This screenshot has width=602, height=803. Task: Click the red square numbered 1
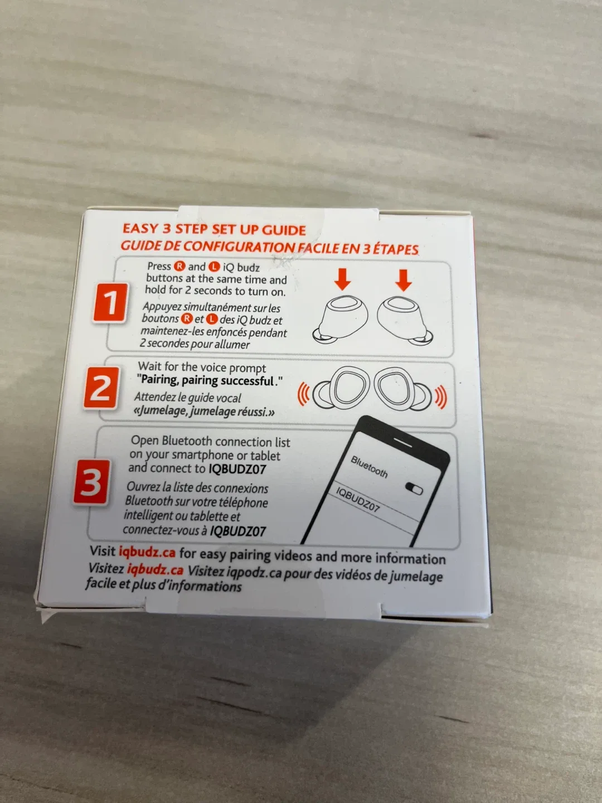point(110,302)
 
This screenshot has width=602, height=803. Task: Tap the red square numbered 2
point(101,388)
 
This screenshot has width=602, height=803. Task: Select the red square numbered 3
point(91,482)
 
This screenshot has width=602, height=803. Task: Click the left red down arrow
point(342,279)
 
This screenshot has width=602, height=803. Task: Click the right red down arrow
point(404,280)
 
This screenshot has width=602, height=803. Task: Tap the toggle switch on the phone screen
point(414,488)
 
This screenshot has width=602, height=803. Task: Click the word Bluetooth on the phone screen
point(369,467)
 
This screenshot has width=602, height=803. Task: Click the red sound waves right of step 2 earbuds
point(440,397)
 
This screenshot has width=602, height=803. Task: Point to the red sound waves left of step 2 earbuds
point(303,394)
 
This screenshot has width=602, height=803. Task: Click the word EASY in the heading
point(140,228)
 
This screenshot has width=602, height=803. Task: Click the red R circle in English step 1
point(179,267)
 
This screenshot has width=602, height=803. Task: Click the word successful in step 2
point(247,381)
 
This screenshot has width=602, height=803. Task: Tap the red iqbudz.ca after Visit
point(147,553)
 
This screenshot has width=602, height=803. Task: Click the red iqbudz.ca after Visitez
point(155,570)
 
